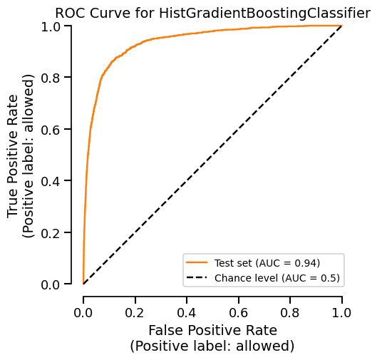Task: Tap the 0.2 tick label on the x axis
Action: pyautogui.click(x=135, y=312)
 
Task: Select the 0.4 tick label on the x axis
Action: pyautogui.click(x=187, y=312)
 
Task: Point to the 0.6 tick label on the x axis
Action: pyautogui.click(x=239, y=312)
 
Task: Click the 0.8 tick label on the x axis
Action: pyautogui.click(x=291, y=312)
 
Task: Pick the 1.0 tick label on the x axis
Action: pyautogui.click(x=342, y=312)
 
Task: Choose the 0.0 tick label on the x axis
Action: pyautogui.click(x=83, y=312)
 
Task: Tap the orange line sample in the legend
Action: pyautogui.click(x=197, y=262)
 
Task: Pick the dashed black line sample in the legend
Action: pyautogui.click(x=197, y=277)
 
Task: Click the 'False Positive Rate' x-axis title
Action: pyautogui.click(x=212, y=331)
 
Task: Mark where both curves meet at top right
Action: pyautogui.click(x=342, y=26)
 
